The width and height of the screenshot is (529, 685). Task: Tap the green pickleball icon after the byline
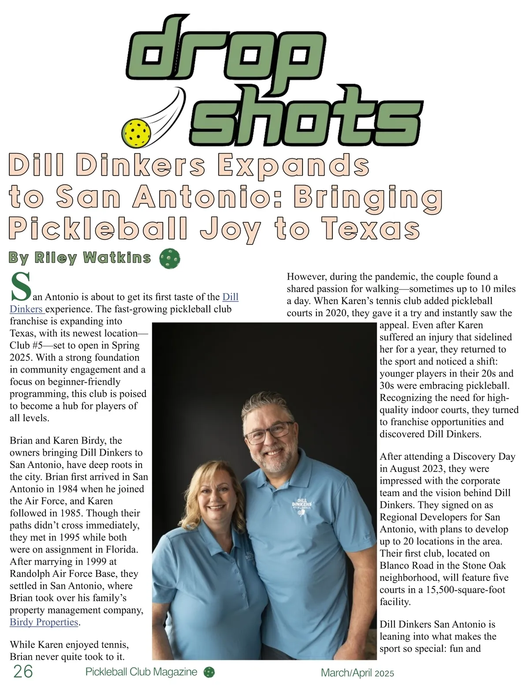tap(169, 258)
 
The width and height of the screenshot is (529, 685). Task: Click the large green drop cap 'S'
tap(20, 287)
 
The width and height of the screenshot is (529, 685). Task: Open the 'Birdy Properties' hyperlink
tap(44, 622)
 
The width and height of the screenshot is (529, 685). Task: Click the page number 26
tap(23, 671)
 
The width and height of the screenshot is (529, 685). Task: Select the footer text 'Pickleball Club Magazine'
tap(141, 672)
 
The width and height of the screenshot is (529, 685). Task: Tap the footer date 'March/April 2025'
tap(357, 673)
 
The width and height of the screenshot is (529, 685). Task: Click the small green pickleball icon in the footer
tap(209, 672)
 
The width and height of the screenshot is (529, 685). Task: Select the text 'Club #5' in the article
tap(26, 345)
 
